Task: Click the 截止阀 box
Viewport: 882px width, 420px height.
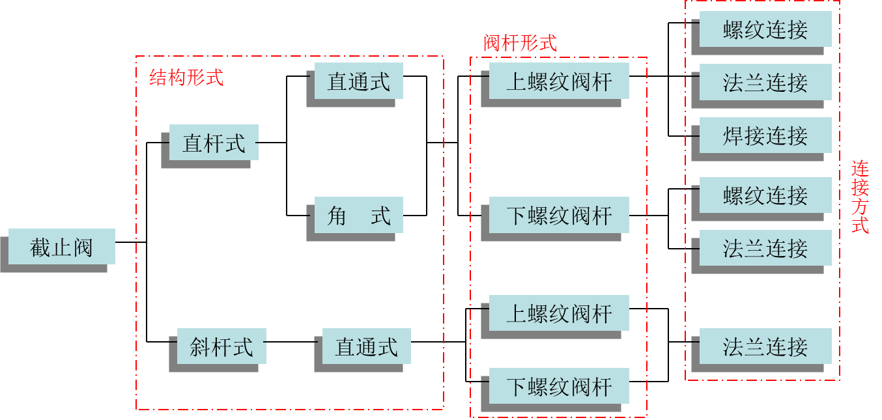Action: point(61,247)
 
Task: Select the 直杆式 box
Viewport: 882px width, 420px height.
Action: point(214,143)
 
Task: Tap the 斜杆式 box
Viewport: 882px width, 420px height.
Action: point(221,346)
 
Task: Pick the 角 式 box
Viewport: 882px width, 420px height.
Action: point(358,215)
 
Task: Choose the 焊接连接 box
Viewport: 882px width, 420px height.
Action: point(765,135)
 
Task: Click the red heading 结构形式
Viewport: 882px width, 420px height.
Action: point(186,77)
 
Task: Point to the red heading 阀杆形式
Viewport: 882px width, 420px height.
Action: point(520,43)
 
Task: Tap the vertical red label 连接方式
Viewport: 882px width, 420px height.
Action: point(860,197)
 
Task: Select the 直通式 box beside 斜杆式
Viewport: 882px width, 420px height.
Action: point(366,346)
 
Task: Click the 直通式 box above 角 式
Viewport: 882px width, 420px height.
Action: point(358,81)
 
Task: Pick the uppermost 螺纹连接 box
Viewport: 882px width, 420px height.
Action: point(765,29)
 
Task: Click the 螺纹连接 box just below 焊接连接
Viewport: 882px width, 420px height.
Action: point(765,195)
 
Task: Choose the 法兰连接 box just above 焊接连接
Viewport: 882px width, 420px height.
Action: point(765,82)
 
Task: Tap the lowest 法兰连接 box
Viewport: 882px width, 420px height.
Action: point(765,346)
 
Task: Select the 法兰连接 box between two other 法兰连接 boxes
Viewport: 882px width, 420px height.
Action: point(765,248)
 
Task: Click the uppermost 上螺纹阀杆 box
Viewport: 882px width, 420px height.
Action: point(559,81)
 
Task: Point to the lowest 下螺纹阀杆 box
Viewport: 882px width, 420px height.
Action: point(559,386)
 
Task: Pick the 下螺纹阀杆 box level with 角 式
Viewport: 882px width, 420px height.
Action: point(559,215)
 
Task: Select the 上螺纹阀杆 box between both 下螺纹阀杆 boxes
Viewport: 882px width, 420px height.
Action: point(559,313)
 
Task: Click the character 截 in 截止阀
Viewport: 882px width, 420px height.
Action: point(40,247)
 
